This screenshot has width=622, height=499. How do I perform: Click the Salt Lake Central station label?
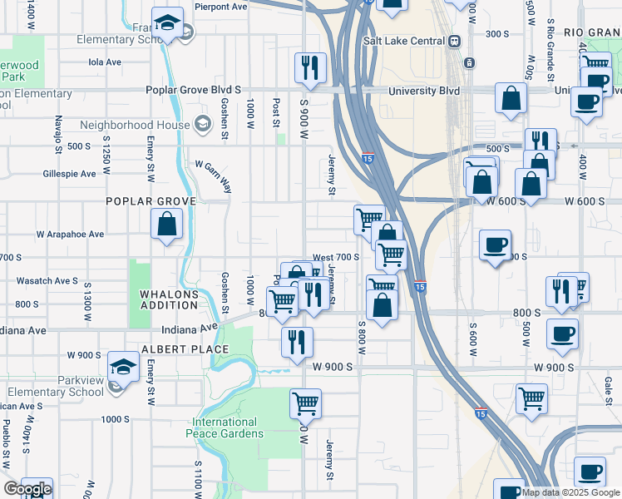[404, 41]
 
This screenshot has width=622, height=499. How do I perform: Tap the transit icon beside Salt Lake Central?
[454, 41]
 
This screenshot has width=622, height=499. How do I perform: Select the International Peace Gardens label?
[228, 427]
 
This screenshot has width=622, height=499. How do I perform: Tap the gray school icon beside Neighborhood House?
[201, 125]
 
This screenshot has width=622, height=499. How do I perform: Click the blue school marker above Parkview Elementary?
[123, 365]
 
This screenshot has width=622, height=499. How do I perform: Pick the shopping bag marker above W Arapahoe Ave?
[167, 223]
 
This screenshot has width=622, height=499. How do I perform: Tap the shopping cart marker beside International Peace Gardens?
[305, 403]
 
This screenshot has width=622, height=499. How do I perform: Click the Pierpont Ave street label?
[221, 6]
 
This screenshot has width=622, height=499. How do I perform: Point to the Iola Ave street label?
[106, 62]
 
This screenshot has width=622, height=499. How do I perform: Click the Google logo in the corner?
[27, 489]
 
